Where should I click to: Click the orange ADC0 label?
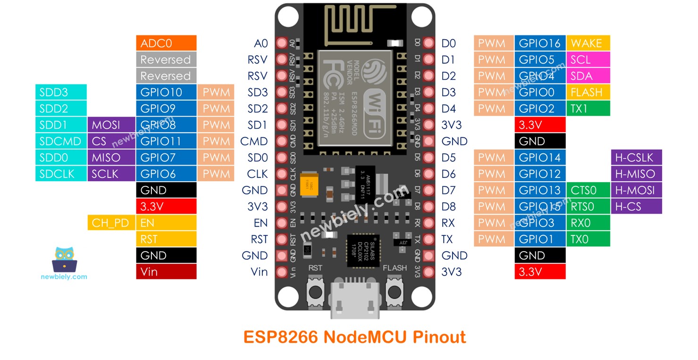[x=166, y=43]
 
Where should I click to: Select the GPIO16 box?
[x=539, y=43]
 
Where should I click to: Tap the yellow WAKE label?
[x=588, y=43]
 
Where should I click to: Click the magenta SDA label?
[x=588, y=76]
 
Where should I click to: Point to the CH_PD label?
[x=110, y=223]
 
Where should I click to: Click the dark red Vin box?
[x=166, y=272]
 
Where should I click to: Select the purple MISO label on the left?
[x=110, y=158]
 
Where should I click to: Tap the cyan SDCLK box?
[x=60, y=174]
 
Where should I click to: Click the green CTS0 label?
[x=588, y=190]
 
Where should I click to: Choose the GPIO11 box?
[x=166, y=141]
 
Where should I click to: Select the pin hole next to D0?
[x=429, y=43]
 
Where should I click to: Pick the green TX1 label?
[x=588, y=109]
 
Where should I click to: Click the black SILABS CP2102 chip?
[x=360, y=249]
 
